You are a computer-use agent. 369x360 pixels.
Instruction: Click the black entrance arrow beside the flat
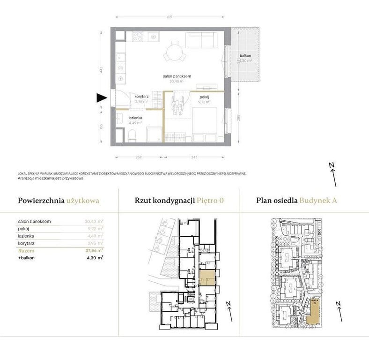pyautogui.click(x=101, y=98)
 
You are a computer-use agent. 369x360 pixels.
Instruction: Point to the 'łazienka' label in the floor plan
pyautogui.click(x=135, y=118)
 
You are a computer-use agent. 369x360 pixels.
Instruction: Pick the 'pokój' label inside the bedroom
pyautogui.click(x=203, y=97)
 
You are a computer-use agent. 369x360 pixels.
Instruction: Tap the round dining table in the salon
pyautogui.click(x=175, y=51)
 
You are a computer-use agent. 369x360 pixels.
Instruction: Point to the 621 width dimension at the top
pyautogui.click(x=170, y=18)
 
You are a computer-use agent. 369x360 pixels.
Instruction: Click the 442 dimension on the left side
pyautogui.click(x=101, y=71)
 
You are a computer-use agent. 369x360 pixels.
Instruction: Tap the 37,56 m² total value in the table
pyautogui.click(x=94, y=250)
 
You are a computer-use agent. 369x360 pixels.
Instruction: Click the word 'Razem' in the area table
pyautogui.click(x=26, y=251)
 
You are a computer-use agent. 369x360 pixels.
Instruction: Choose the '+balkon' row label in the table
pyautogui.click(x=28, y=257)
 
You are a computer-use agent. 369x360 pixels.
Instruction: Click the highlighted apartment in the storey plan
pyautogui.click(x=207, y=277)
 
